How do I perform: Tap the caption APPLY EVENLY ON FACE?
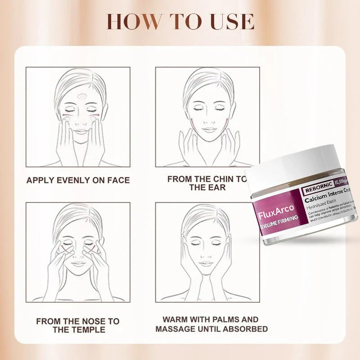[x=78, y=180]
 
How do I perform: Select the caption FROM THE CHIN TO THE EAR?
[x=207, y=183]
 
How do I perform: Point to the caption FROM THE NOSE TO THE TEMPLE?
[x=78, y=325]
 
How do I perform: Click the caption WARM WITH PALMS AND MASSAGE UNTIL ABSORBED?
[x=211, y=324]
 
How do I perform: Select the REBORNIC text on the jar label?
[x=318, y=184]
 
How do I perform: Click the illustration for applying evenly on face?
[x=78, y=117]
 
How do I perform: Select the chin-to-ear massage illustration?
[x=207, y=117]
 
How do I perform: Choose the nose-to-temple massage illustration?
[x=78, y=252]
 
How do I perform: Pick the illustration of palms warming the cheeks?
[x=207, y=252]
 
